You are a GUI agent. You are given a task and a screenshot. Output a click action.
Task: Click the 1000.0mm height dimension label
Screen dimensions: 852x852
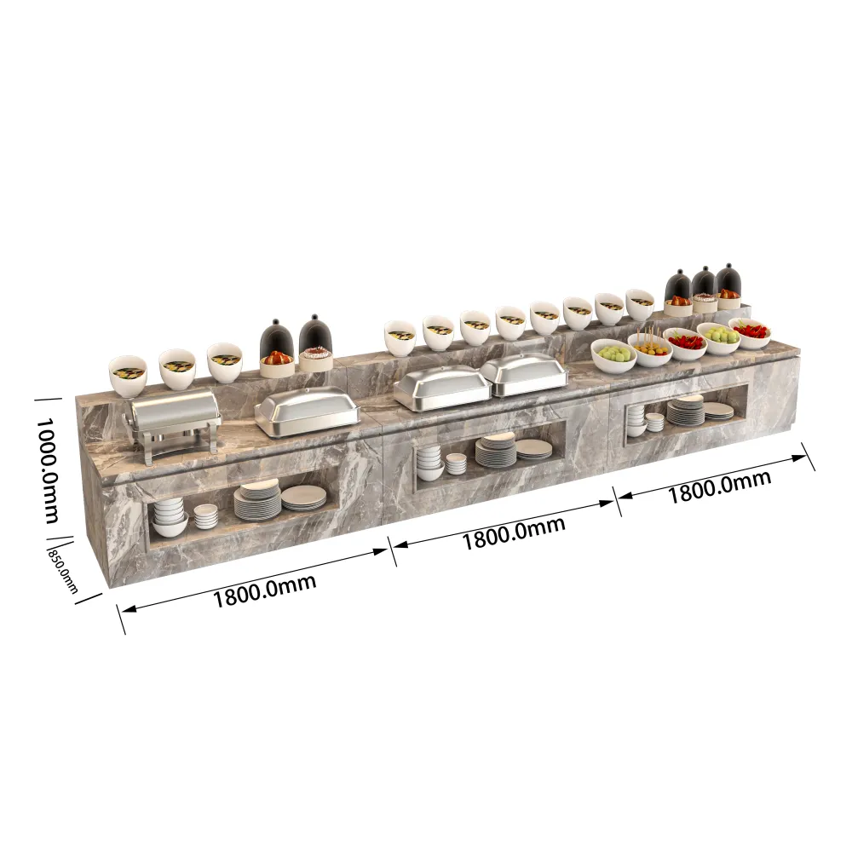coord(48,470)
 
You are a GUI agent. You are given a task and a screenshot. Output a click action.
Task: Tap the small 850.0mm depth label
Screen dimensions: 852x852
coord(63,570)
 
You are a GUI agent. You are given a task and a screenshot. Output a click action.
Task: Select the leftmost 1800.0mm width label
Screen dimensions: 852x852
coord(264,590)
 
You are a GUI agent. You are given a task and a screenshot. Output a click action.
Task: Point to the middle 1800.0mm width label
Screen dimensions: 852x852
coord(514,532)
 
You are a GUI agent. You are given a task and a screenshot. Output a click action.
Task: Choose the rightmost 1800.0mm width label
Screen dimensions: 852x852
coord(718,486)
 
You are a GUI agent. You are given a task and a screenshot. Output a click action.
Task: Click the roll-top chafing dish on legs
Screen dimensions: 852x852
coord(173,423)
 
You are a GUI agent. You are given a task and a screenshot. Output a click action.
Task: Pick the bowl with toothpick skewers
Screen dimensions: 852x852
coord(650,348)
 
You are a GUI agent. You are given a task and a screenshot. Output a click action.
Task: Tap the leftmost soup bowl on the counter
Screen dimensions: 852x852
coord(128,376)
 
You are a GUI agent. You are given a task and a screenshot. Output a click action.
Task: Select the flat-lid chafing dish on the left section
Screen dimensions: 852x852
coord(307,412)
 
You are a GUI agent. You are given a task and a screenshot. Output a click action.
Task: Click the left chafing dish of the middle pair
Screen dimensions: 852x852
coord(442,388)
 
